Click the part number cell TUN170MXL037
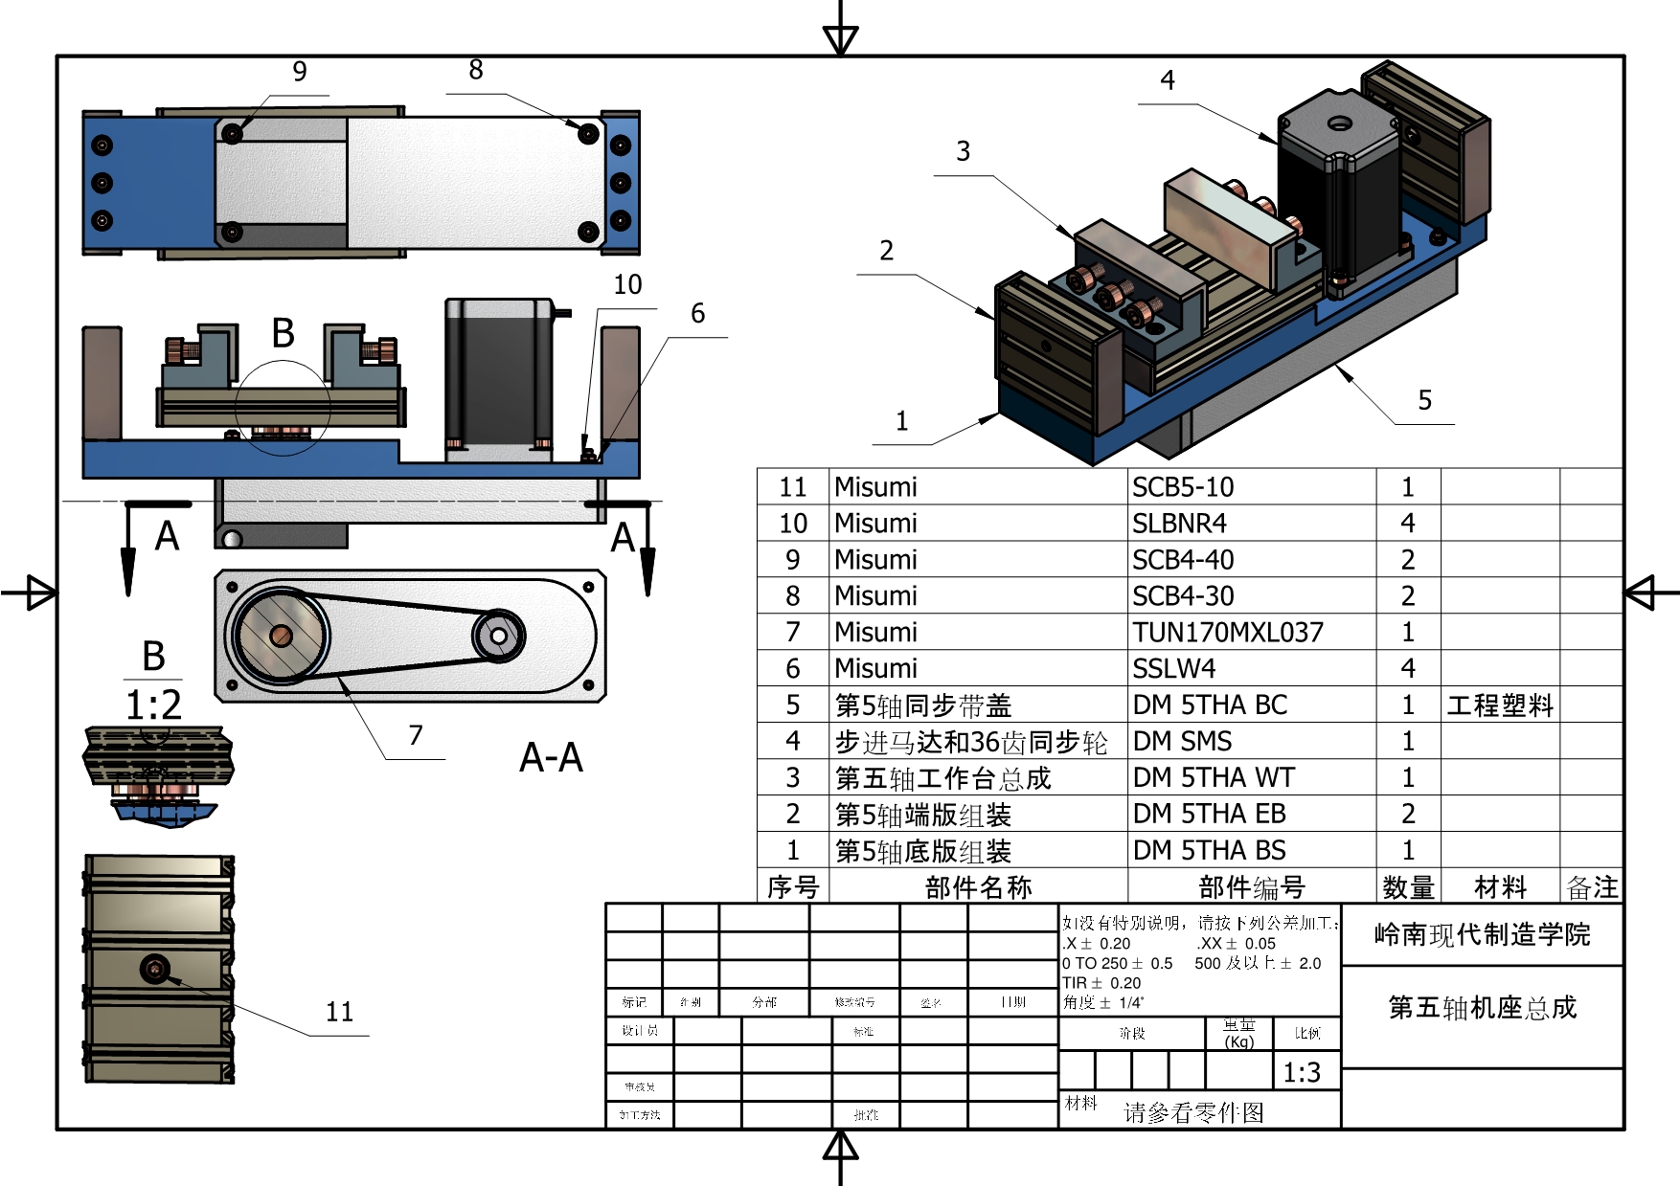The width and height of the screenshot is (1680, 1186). click(x=1227, y=632)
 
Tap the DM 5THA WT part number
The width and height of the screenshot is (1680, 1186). click(x=1213, y=777)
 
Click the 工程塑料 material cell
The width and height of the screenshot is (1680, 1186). click(x=1499, y=705)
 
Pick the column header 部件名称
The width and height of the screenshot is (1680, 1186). click(x=978, y=887)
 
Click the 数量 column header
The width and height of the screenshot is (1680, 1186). click(x=1408, y=887)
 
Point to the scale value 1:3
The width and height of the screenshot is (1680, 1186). click(x=1302, y=1072)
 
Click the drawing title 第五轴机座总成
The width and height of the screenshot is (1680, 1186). click(x=1482, y=1007)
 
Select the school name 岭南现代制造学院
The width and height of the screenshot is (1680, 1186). click(x=1482, y=934)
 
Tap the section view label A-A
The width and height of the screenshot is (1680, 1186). click(x=551, y=757)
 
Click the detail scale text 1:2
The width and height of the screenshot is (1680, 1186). click(x=153, y=705)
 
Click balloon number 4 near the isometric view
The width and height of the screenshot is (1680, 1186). click(x=1167, y=80)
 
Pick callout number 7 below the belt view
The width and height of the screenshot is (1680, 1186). click(x=415, y=735)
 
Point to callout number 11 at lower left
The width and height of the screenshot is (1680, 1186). click(x=339, y=1012)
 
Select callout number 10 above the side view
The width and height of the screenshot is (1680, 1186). click(x=627, y=284)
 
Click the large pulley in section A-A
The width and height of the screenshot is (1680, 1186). click(x=281, y=635)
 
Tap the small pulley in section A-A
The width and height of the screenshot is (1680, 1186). click(x=498, y=635)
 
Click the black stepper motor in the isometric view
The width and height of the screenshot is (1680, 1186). click(x=1336, y=191)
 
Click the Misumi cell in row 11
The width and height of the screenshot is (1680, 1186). click(x=875, y=487)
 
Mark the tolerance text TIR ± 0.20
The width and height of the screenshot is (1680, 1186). click(x=1101, y=983)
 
